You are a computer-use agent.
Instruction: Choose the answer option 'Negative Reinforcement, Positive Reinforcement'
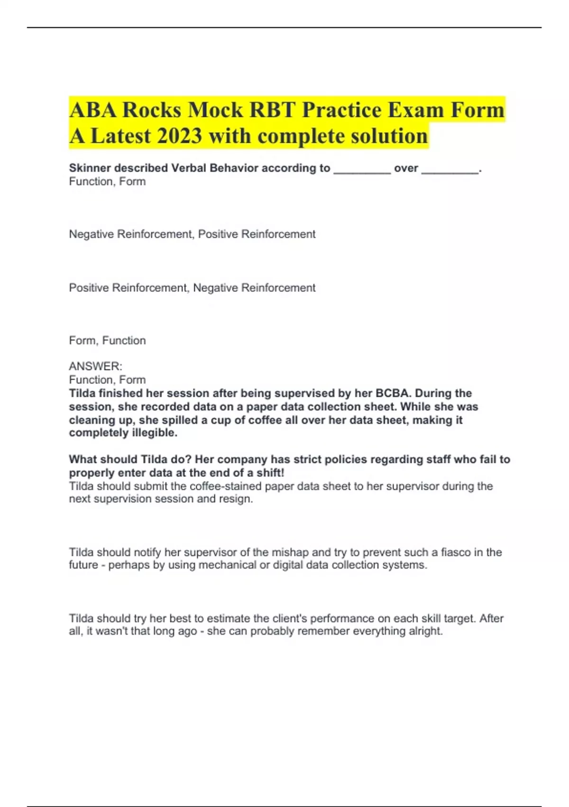pos(192,234)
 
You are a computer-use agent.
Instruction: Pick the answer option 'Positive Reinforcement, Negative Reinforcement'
pos(192,288)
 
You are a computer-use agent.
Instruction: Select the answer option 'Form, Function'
pos(107,340)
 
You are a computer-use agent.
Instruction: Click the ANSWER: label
pos(95,366)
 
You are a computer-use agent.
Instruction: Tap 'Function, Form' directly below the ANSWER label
pos(107,380)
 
